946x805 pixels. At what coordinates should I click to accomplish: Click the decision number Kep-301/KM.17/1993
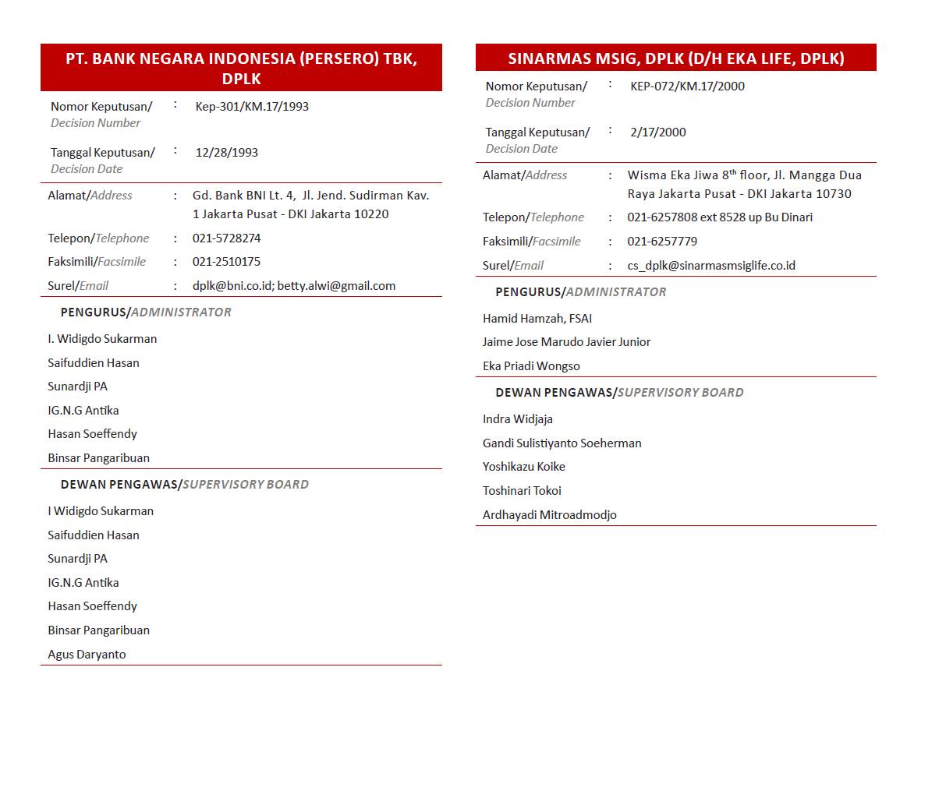point(252,107)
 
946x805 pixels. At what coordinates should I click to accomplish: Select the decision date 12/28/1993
point(226,153)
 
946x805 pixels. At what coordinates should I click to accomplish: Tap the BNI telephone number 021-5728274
point(226,238)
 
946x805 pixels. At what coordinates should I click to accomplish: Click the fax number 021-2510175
point(226,262)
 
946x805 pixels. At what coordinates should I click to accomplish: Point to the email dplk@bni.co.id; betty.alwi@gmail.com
point(294,286)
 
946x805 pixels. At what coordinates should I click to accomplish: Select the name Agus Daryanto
point(87,655)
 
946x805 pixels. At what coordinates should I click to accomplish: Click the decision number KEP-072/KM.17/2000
point(687,87)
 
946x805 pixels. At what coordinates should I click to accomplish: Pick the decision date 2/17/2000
point(657,132)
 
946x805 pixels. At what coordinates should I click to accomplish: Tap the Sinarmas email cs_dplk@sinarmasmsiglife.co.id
point(711,266)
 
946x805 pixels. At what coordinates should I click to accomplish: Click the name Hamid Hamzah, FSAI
point(537,319)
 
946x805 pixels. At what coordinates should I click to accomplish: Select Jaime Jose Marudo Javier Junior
point(566,342)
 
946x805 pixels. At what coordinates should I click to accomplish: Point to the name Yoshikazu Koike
point(523,467)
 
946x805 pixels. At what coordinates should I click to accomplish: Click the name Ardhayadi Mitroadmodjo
point(549,515)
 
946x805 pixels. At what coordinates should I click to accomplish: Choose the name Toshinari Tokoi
point(522,491)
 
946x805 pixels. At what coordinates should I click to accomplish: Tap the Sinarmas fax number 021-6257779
point(662,242)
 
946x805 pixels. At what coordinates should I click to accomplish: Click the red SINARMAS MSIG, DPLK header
point(675,58)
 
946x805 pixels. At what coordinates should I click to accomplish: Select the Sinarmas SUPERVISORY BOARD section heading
point(619,393)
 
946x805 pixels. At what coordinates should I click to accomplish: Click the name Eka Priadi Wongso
point(531,366)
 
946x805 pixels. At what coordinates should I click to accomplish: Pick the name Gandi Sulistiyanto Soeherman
point(562,443)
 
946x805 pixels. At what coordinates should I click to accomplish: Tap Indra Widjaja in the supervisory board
point(517,419)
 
